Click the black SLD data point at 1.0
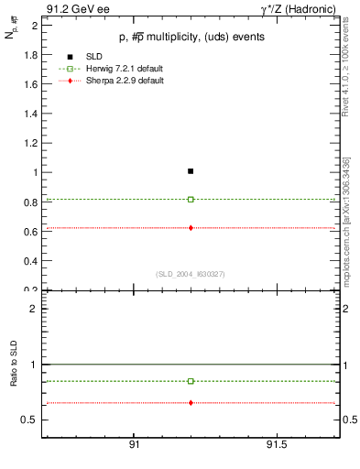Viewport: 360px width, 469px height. click(x=191, y=171)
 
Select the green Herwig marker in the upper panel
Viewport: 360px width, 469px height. click(x=191, y=199)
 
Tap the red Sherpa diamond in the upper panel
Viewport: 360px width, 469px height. click(x=191, y=227)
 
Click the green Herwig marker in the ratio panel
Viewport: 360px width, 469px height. click(x=191, y=381)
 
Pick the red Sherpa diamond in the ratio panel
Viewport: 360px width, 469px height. click(x=191, y=403)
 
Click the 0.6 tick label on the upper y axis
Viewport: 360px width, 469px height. click(x=31, y=232)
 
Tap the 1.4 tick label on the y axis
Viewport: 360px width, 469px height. click(x=31, y=114)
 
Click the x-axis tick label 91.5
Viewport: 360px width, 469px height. click(x=276, y=444)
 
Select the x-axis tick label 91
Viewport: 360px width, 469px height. click(x=134, y=444)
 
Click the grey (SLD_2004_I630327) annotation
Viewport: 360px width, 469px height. click(x=191, y=274)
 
